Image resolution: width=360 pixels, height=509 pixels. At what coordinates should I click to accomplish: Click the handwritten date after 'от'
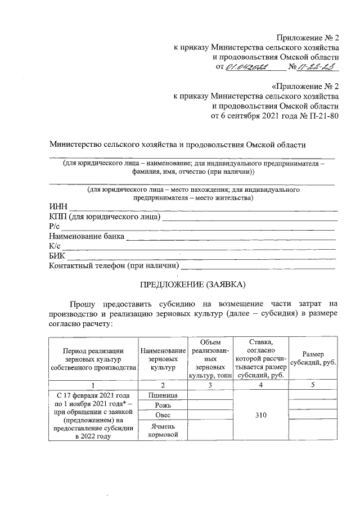247,68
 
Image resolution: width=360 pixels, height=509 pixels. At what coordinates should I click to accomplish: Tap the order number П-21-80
323,116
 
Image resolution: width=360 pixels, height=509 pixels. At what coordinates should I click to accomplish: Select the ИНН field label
58,208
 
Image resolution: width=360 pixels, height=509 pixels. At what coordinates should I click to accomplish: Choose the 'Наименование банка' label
87,236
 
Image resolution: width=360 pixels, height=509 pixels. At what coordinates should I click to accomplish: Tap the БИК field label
58,255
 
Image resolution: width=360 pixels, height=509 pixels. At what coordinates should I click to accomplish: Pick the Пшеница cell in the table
163,395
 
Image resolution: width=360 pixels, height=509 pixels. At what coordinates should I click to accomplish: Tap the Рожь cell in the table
163,406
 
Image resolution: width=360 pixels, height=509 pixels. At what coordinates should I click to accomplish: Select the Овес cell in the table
163,416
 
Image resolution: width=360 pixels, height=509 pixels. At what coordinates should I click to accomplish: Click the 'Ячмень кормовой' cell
163,430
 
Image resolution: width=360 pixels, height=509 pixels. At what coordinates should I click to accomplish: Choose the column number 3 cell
210,385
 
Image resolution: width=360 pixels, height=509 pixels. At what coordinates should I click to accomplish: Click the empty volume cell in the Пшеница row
210,395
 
